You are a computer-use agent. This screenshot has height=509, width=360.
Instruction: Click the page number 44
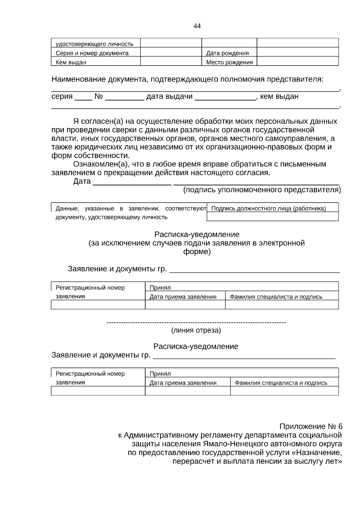coord(197,26)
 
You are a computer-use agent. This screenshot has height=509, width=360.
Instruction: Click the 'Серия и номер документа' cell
coord(92,53)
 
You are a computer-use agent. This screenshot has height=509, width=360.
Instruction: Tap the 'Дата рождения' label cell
coord(227,53)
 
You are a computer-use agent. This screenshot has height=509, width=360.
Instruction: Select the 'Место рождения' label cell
coord(229,62)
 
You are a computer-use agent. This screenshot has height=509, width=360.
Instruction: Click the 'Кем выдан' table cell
coord(71,62)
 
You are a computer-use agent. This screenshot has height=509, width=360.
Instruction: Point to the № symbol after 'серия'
coord(99,97)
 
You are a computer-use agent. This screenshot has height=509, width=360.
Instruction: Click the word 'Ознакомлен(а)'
coord(99,164)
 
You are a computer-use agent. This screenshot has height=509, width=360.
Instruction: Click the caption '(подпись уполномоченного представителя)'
coord(262,190)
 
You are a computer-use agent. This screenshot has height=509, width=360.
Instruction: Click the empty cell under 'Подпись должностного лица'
coord(272,217)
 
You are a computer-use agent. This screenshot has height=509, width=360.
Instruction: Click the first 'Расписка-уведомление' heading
coord(197,234)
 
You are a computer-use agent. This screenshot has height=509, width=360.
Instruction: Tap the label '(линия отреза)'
coord(196,331)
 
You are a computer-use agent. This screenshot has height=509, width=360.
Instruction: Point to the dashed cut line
coord(196,322)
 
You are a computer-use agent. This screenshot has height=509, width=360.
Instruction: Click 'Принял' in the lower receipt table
coord(160,374)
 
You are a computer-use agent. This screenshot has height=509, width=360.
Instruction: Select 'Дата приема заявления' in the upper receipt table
coord(183,297)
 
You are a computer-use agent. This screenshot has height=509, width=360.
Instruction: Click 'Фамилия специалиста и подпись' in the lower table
coord(281,383)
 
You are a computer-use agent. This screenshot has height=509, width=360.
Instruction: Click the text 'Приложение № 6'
coord(311,427)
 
